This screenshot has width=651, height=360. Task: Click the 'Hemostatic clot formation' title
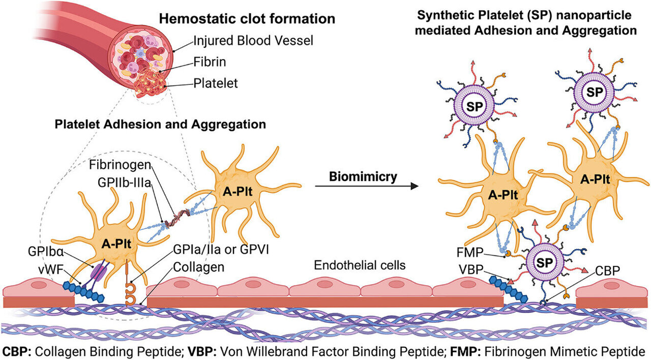[247, 19]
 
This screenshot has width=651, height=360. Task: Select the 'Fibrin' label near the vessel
[209, 62]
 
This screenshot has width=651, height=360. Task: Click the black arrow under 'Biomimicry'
[366, 187]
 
